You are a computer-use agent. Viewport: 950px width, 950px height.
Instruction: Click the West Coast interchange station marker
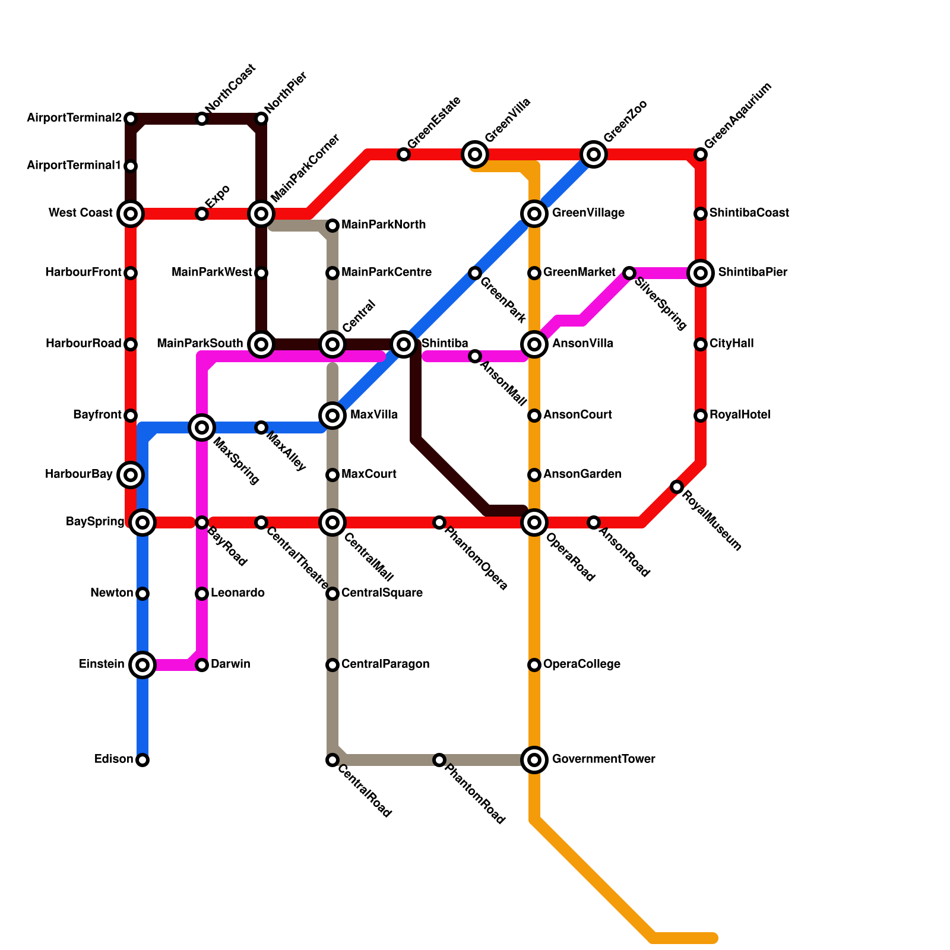point(131,214)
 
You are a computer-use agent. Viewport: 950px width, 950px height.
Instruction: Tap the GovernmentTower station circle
point(534,760)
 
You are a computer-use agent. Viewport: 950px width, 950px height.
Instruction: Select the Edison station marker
point(142,760)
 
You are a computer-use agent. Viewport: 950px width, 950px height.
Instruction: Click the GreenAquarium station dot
point(701,154)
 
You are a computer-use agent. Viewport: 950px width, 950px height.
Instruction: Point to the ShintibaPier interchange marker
point(701,273)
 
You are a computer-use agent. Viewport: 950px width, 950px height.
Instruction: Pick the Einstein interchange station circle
point(142,665)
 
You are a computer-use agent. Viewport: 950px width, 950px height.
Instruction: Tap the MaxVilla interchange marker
point(332,416)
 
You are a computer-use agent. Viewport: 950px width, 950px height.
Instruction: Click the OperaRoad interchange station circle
point(534,522)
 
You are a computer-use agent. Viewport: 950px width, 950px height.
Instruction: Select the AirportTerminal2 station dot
point(131,119)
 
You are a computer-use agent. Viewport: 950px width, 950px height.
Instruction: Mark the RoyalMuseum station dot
point(677,487)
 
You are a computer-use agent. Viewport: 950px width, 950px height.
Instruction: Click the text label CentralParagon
point(385,664)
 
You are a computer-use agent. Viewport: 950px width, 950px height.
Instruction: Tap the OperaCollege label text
point(582,664)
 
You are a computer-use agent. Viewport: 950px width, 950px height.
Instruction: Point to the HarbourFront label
point(83,273)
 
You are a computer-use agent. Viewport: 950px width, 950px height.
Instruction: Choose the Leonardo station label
point(237,593)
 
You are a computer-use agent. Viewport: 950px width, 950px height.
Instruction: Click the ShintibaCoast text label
point(749,213)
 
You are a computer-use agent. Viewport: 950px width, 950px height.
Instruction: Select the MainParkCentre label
point(387,273)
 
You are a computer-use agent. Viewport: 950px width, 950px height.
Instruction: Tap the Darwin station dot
point(202,665)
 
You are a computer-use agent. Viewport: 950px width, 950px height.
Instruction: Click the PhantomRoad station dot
point(439,760)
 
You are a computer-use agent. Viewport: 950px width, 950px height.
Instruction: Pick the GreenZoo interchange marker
point(594,154)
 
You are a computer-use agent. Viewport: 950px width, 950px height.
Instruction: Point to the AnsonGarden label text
point(582,474)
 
